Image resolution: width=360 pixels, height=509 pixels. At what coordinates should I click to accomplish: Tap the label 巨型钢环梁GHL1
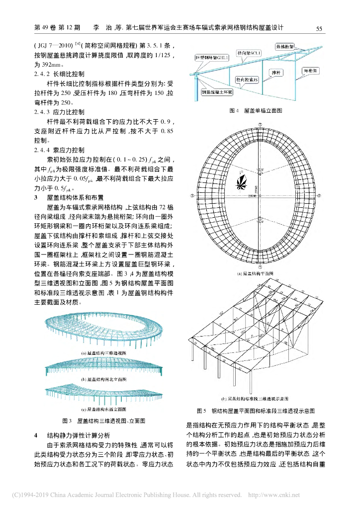pos(212,58)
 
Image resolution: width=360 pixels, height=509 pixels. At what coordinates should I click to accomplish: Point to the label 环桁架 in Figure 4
pos(312,71)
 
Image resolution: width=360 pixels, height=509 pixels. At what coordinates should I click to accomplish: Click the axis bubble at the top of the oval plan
pos(257,123)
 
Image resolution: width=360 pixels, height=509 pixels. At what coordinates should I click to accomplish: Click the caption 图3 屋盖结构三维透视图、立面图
pos(103,421)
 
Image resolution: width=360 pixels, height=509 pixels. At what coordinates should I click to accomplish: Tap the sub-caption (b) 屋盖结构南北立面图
pos(103,379)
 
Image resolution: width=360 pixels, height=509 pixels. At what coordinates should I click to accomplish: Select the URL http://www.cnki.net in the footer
pos(273,495)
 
